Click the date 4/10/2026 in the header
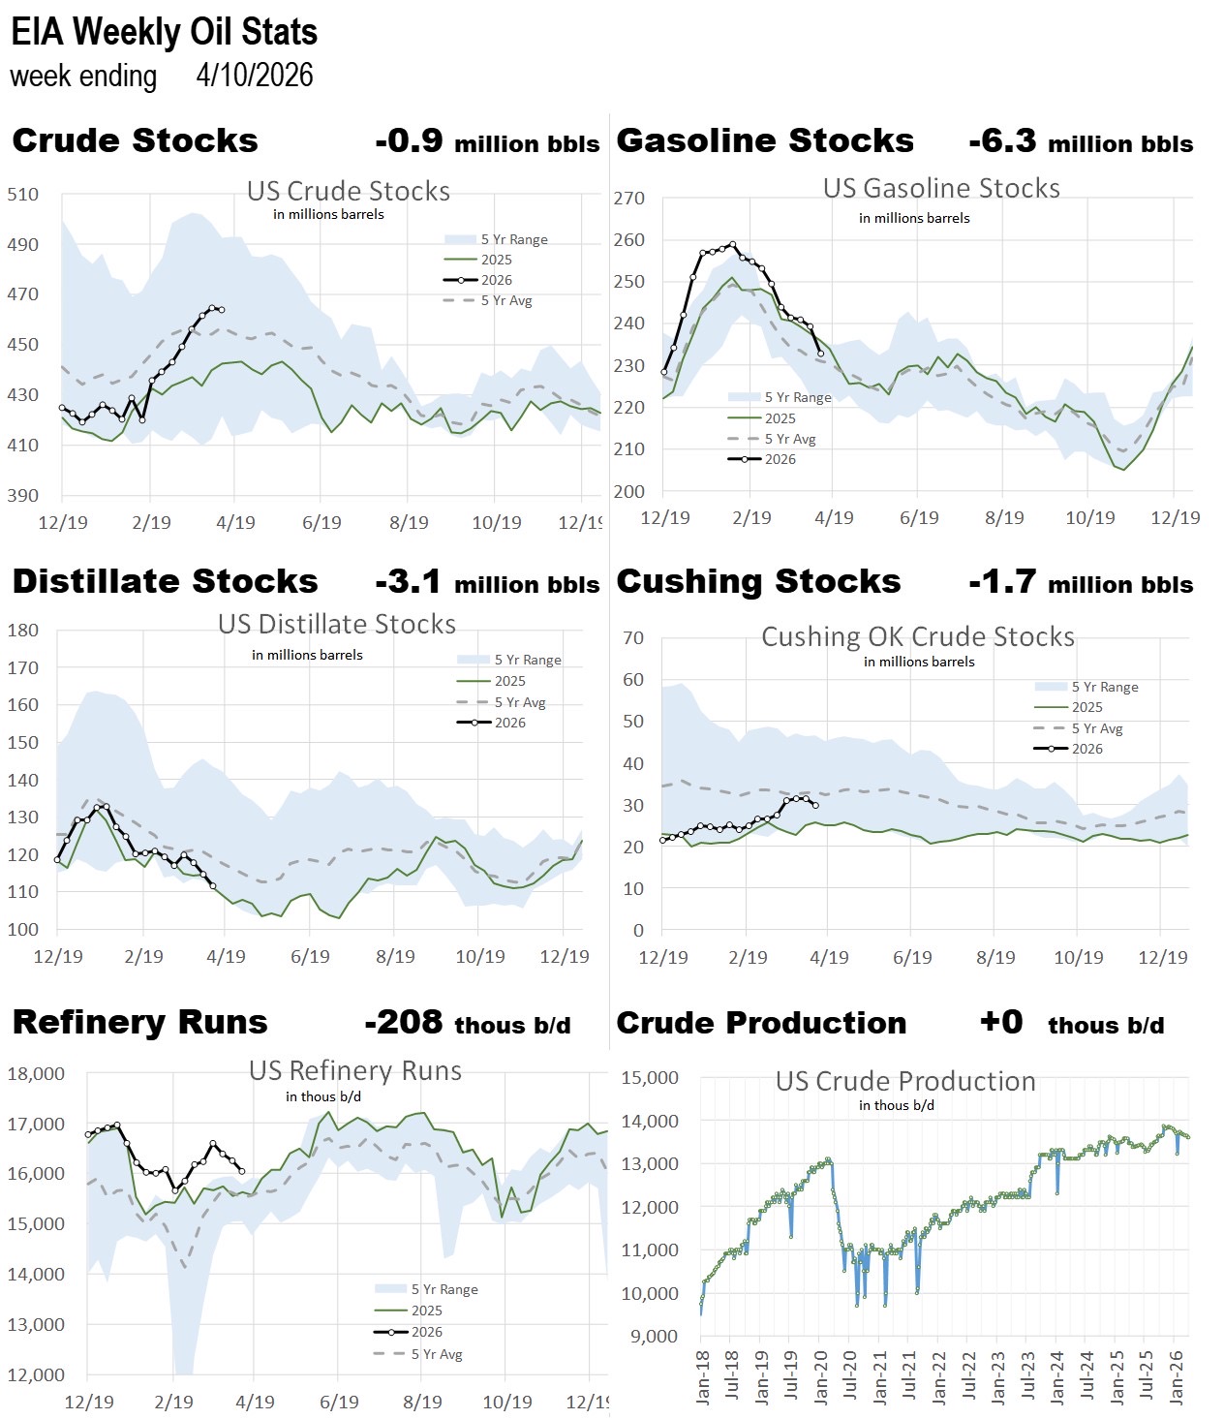[x=255, y=76]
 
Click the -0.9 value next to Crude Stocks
[x=409, y=141]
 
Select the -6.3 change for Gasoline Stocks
[x=1002, y=141]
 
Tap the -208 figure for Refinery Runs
[x=404, y=1023]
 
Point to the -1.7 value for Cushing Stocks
[x=1002, y=582]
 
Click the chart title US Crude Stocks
[x=349, y=191]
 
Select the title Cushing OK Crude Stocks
[x=918, y=636]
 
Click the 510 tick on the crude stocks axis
[x=23, y=195]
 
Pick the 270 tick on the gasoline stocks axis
[x=629, y=199]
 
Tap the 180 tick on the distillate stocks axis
[x=23, y=631]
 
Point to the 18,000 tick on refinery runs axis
[x=36, y=1074]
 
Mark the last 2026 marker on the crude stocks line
[x=222, y=310]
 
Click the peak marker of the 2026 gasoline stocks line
[x=732, y=245]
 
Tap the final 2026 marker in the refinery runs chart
[x=242, y=1171]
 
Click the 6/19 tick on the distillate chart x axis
[x=310, y=957]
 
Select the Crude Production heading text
[x=761, y=1023]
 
